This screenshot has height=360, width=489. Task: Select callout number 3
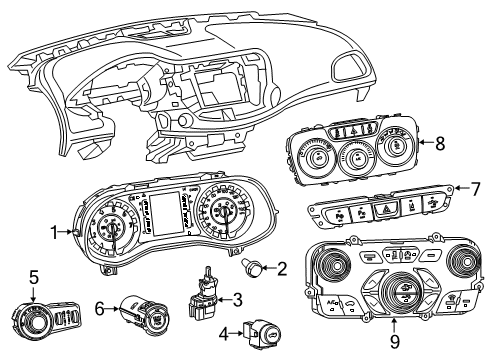pos(238,298)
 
